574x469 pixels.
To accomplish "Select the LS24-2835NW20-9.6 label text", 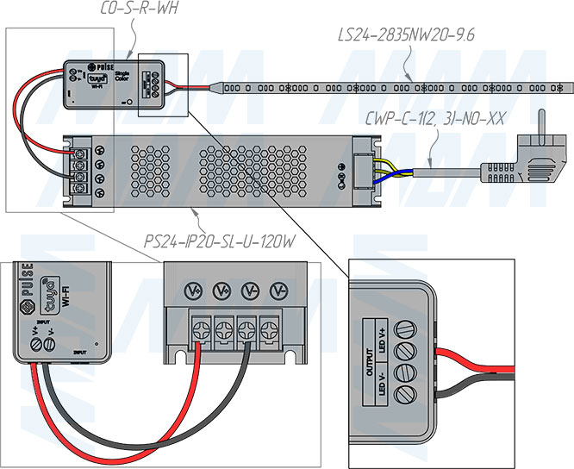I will click(x=406, y=35).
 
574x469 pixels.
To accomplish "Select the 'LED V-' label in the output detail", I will click(x=381, y=386).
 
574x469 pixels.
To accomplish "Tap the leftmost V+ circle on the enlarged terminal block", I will click(x=195, y=290).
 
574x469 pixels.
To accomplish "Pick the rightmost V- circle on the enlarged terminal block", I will click(x=278, y=290).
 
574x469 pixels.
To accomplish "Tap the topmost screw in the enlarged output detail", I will click(x=403, y=327).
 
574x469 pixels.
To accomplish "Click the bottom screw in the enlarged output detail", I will click(x=403, y=395).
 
